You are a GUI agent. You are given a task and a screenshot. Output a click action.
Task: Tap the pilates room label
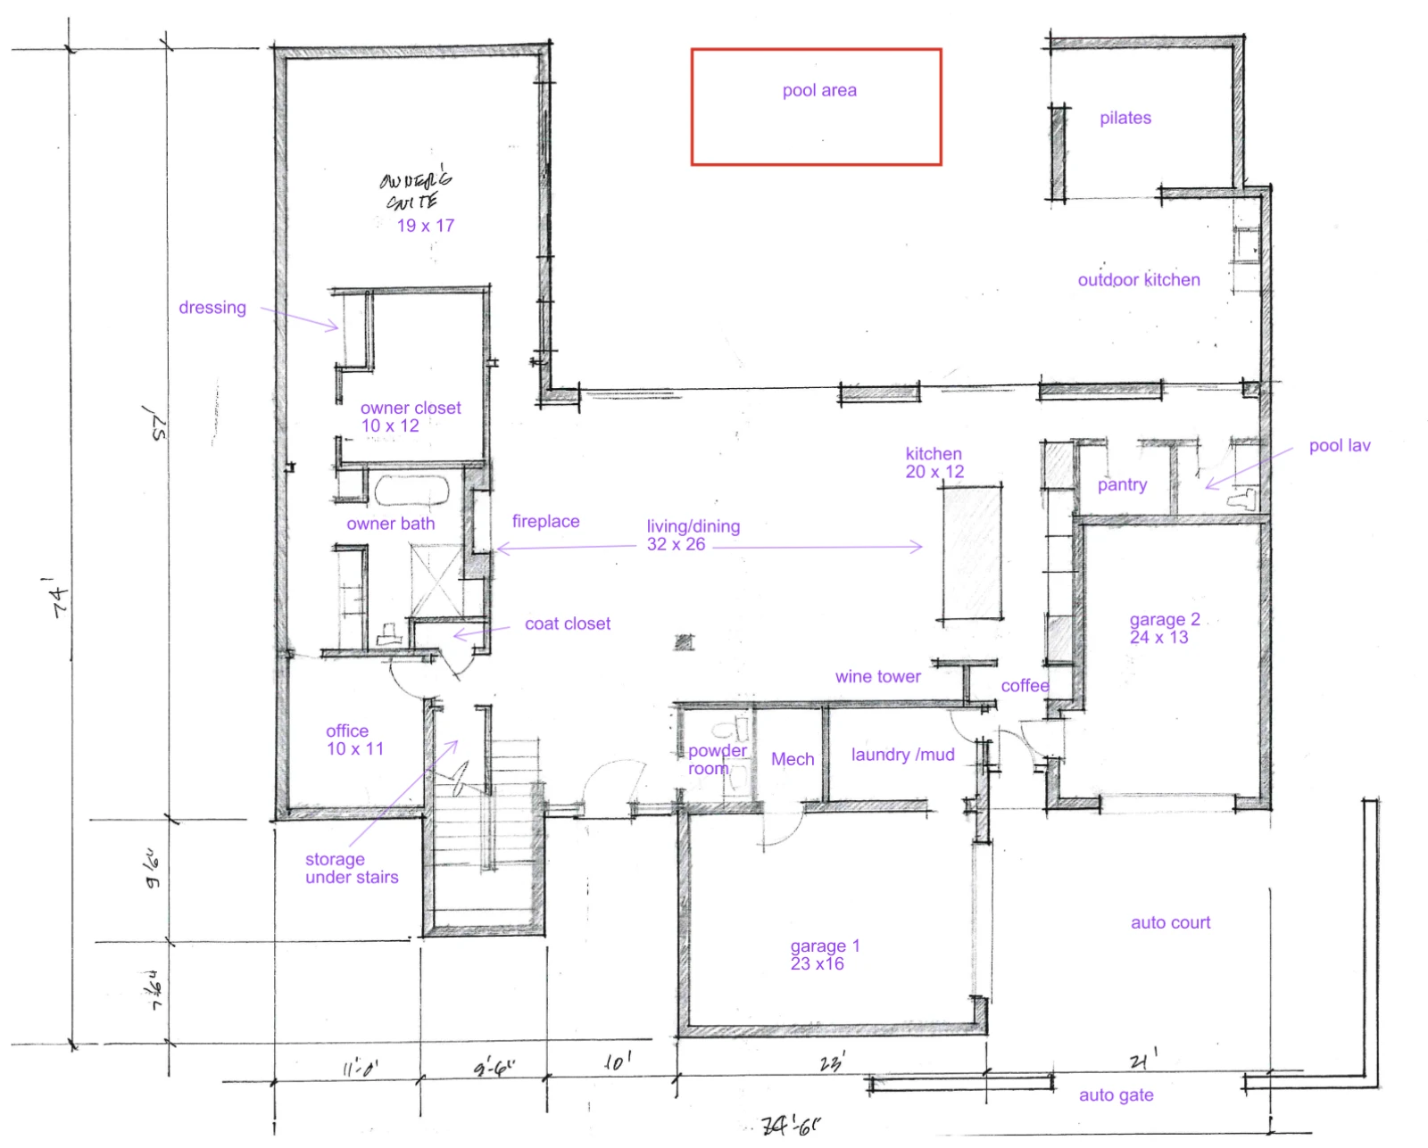[1125, 118]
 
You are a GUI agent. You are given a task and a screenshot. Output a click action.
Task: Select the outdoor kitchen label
[1138, 280]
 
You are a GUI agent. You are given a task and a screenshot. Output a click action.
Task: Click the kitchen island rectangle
[970, 553]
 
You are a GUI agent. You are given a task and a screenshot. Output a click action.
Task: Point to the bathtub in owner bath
[411, 491]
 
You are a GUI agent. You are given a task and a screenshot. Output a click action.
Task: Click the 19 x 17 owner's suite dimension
[426, 226]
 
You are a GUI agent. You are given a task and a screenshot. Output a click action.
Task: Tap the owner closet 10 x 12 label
[410, 417]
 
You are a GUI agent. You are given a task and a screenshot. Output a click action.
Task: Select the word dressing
[212, 308]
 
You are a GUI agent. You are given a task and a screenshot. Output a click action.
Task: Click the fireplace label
[545, 521]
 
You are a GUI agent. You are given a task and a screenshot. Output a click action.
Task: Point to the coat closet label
[568, 624]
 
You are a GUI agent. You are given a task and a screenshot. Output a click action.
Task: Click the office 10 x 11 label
[353, 739]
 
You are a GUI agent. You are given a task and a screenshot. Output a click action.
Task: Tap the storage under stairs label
[351, 868]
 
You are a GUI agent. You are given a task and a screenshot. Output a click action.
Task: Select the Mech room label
[792, 759]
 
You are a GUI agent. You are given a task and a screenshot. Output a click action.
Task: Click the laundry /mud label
[902, 755]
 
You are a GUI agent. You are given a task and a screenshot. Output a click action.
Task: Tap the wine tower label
[877, 676]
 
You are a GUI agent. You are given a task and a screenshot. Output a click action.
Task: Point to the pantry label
[1122, 484]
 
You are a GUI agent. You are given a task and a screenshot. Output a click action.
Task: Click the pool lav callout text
[1339, 445]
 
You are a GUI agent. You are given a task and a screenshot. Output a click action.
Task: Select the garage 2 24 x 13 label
[1163, 628]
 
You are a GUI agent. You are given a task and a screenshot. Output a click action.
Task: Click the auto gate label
[1116, 1094]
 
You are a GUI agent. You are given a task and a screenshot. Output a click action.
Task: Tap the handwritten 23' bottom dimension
[832, 1063]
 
